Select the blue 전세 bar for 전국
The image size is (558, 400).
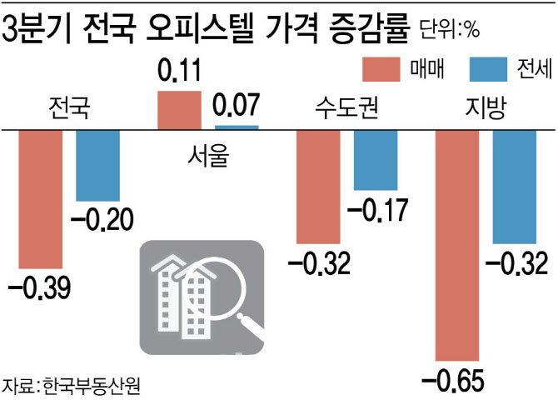coord(97,165)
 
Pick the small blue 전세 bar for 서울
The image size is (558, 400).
coord(237,127)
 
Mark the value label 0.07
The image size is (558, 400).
coord(237,106)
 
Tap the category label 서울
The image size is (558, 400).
coord(207,153)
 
